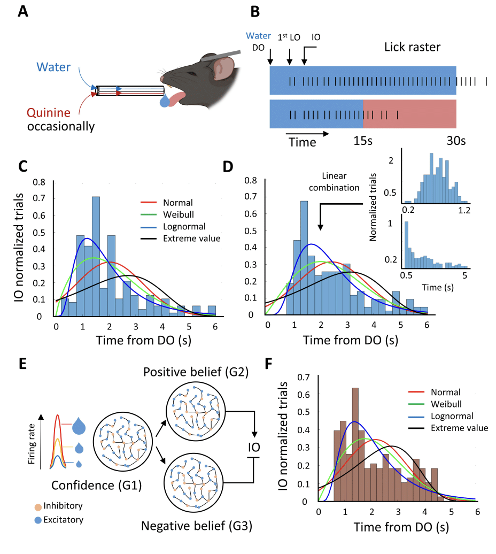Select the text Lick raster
(412, 47)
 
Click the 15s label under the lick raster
(363, 142)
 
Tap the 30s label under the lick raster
(456, 142)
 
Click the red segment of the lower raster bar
(409, 114)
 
